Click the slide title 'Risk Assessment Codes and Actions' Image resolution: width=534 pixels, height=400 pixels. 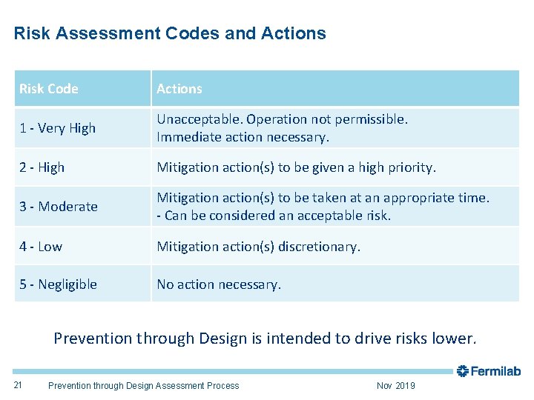[170, 33]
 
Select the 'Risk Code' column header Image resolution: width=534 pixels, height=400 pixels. [49, 89]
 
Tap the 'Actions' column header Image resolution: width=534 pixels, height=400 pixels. [179, 89]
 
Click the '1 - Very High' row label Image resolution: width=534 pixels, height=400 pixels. [58, 128]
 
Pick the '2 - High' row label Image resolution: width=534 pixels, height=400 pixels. [42, 167]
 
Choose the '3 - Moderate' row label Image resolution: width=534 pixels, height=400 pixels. [59, 207]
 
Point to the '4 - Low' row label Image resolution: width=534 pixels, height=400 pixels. [42, 246]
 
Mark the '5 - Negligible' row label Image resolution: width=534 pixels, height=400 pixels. [59, 284]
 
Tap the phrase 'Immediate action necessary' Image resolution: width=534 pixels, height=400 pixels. [243, 137]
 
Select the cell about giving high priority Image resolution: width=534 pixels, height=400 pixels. [296, 167]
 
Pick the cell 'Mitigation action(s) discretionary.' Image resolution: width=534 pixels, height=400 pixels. [258, 246]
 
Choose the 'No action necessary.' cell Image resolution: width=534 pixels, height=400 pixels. [219, 284]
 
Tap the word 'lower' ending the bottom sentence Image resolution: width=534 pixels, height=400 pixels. [455, 339]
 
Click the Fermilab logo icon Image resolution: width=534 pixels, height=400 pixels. [463, 370]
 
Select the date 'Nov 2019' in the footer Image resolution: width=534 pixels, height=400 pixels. [396, 385]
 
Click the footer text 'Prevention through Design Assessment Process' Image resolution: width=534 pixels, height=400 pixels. [143, 385]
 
